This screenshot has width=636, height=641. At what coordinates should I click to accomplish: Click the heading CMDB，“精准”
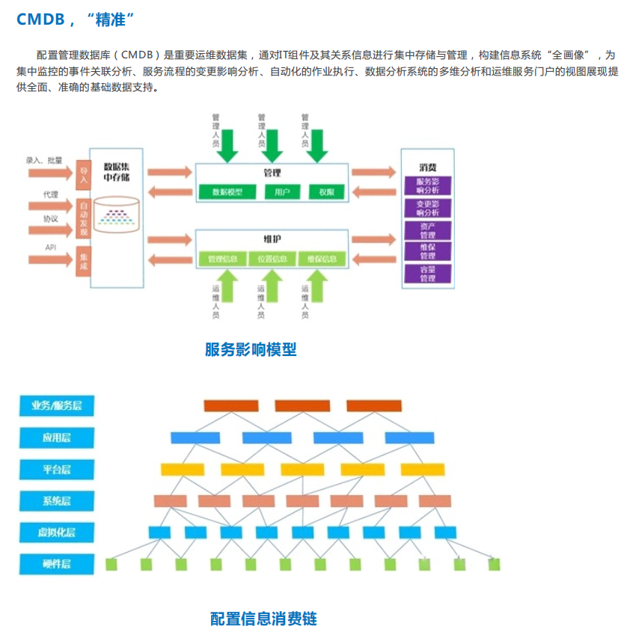76,19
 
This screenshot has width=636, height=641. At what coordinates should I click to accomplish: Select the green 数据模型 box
227,192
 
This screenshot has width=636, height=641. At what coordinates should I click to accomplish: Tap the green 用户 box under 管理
282,192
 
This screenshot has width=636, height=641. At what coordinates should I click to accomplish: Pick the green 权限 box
327,192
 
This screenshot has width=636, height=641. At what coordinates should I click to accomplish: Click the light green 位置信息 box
272,260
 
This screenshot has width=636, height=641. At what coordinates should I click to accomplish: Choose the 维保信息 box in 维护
318,260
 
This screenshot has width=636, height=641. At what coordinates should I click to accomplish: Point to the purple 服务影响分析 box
427,186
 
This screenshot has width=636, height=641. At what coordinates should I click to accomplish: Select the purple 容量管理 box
427,274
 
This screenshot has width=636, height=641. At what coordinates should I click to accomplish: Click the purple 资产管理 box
427,230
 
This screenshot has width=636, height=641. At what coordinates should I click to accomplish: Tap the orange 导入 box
84,175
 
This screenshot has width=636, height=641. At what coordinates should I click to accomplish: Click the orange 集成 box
84,262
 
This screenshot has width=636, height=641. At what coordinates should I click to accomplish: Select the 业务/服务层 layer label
57,406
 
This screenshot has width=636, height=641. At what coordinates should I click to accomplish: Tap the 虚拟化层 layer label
57,533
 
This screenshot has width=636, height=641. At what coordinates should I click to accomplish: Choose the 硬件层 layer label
57,564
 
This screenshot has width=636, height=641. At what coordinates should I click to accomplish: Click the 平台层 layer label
57,470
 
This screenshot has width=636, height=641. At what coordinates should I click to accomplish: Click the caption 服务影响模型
251,349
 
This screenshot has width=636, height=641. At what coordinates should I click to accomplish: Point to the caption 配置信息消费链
263,619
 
